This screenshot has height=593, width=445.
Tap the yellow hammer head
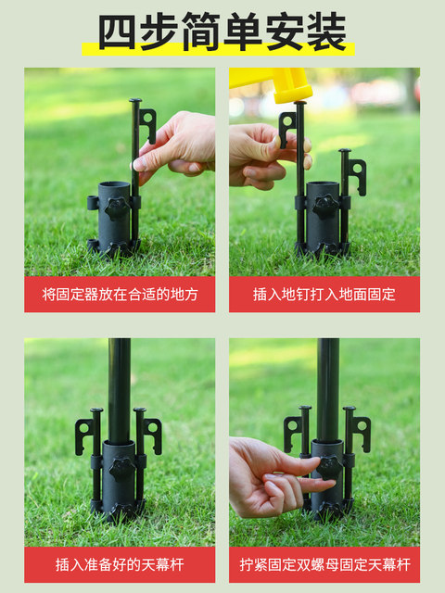click(272, 84)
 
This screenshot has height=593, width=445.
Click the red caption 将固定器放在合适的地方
click(120, 295)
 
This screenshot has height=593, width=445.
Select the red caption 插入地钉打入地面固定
click(324, 295)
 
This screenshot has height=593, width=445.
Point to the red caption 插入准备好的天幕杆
click(120, 564)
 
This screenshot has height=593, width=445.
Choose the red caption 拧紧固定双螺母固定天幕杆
click(324, 564)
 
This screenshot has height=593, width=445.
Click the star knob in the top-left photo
click(117, 208)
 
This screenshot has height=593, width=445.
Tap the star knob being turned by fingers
click(329, 467)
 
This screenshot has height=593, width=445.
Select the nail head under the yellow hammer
click(300, 103)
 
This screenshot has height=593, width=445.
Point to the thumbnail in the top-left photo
click(139, 164)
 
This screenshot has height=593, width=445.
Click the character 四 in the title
click(117, 32)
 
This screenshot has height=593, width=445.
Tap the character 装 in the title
click(326, 32)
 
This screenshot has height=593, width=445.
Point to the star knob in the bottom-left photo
click(121, 470)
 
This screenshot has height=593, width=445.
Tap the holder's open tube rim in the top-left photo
click(114, 185)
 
